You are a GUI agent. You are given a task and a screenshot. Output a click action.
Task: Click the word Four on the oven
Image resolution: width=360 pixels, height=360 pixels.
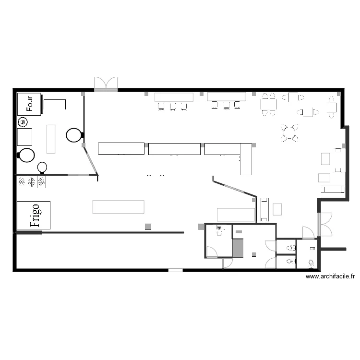pyautogui.click(x=30, y=103)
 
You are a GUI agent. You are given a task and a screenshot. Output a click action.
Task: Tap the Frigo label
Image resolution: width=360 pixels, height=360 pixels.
pyautogui.click(x=34, y=215)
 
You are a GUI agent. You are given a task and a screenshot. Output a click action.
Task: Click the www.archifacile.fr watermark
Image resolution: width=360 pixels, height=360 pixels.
pyautogui.click(x=330, y=276)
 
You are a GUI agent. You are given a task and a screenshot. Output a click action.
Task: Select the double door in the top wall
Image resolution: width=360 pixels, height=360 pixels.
pyautogui.click(x=106, y=84)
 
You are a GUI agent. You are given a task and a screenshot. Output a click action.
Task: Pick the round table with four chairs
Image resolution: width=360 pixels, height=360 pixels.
pyautogui.click(x=289, y=132)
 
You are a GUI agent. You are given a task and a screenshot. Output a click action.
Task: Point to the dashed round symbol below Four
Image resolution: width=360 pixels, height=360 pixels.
pyautogui.click(x=22, y=121)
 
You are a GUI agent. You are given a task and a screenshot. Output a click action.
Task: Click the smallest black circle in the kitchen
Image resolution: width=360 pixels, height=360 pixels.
pyautogui.click(x=42, y=167)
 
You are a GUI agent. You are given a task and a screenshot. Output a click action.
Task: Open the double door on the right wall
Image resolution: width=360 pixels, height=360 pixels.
pyautogui.click(x=325, y=224)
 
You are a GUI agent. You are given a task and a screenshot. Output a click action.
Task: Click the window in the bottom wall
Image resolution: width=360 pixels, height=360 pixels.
pyautogui.click(x=175, y=270)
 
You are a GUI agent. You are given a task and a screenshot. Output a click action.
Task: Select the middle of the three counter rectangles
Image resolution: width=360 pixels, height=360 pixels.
pyautogui.click(x=174, y=149)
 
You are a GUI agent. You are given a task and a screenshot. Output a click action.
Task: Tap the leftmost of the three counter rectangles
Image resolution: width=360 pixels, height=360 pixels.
pyautogui.click(x=121, y=148)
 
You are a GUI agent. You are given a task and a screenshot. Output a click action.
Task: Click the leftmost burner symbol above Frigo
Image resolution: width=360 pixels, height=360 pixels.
pyautogui.click(x=22, y=181)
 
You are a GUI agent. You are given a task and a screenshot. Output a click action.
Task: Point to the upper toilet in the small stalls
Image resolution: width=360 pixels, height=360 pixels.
pyautogui.click(x=291, y=248)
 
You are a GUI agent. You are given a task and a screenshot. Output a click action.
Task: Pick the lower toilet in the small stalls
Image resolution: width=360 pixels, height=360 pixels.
pyautogui.click(x=291, y=262)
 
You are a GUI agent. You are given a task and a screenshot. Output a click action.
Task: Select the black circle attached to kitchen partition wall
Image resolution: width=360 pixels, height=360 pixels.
pyautogui.click(x=74, y=135)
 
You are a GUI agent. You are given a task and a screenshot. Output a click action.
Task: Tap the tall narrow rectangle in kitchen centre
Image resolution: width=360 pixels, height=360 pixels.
pyautogui.click(x=51, y=139)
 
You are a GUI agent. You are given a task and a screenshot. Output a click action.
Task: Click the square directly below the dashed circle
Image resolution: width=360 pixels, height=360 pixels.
pyautogui.click(x=25, y=137)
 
